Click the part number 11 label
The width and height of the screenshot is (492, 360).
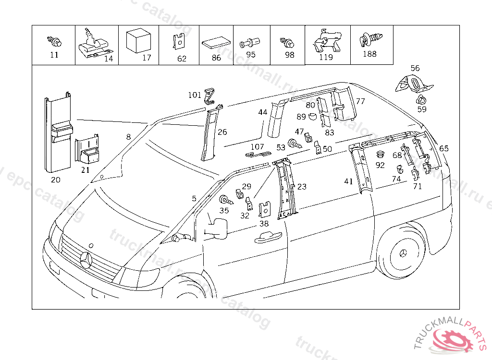pos(54,55)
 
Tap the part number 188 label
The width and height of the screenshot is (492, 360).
pos(369,54)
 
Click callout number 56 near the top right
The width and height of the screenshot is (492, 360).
pos(415,68)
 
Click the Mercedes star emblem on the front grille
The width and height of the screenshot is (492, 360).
pos(87,260)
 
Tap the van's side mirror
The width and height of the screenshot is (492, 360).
pos(219,227)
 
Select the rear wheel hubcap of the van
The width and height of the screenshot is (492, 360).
pos(403,253)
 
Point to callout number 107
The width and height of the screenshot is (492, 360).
pos(258,146)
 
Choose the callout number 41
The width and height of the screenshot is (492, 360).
pos(348,181)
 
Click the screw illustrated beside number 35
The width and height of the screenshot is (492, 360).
pos(225,200)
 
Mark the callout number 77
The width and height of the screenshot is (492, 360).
pos(360,101)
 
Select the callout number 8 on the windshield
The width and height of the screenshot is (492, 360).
pos(128,137)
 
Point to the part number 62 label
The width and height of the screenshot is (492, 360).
pos(182,59)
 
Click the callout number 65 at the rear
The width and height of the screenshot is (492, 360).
pos(443,148)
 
